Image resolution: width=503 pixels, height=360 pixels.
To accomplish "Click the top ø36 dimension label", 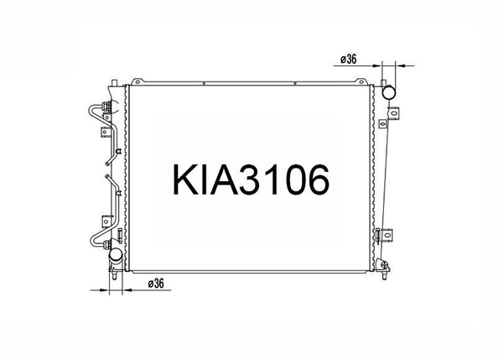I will pos(350,58).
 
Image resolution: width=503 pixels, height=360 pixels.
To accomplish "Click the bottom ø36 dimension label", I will pos(157,283).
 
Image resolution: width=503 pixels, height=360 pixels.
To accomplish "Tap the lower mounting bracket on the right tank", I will pos(385,237).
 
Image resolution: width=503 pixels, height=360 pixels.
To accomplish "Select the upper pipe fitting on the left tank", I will pos(106,107).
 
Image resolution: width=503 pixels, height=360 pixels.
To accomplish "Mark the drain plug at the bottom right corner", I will pos(383,269).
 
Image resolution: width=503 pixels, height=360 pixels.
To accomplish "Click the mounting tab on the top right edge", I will pos(361,81).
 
